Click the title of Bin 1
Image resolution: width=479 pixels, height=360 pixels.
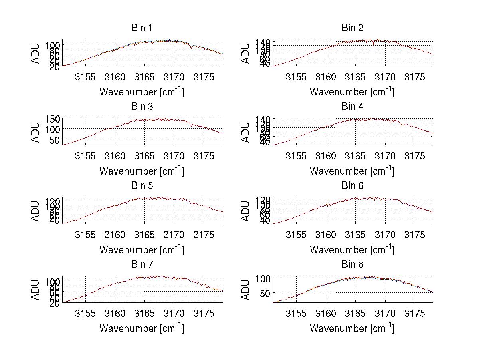pos(141,28)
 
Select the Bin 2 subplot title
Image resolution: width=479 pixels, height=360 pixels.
pos(352,28)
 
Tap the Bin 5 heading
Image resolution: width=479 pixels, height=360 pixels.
pos(141,186)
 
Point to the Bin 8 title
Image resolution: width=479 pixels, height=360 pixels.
pos(352,265)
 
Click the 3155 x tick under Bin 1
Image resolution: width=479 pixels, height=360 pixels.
pos(85,77)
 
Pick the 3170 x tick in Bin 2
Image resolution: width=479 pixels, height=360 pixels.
pos(385,77)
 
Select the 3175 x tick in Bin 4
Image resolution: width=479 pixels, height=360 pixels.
pos(414,156)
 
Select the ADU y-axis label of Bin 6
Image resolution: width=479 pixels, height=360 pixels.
pos(246,211)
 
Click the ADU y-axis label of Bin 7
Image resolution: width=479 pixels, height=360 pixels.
pos(36,290)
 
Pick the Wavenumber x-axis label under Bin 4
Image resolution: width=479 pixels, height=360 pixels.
pos(352,171)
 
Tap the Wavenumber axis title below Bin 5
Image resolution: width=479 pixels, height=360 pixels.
pos(141,250)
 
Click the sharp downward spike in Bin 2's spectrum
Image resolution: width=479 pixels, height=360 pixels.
pos(374,45)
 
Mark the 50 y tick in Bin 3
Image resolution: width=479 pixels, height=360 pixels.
pos(55,140)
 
